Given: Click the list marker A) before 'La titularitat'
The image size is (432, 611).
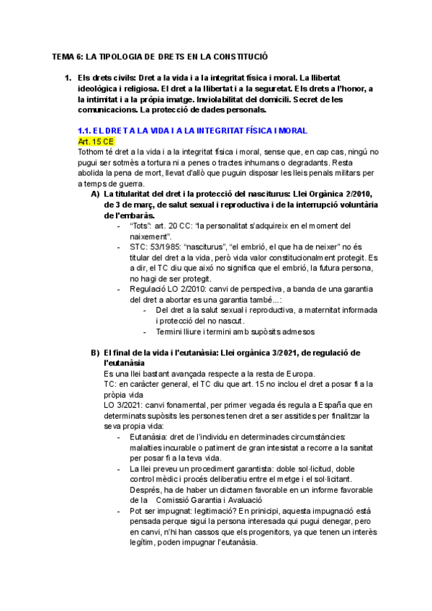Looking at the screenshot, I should click(95, 195).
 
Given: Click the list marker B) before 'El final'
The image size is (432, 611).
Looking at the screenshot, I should click(95, 352).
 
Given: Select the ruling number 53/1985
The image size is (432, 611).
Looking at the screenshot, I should click(165, 247).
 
